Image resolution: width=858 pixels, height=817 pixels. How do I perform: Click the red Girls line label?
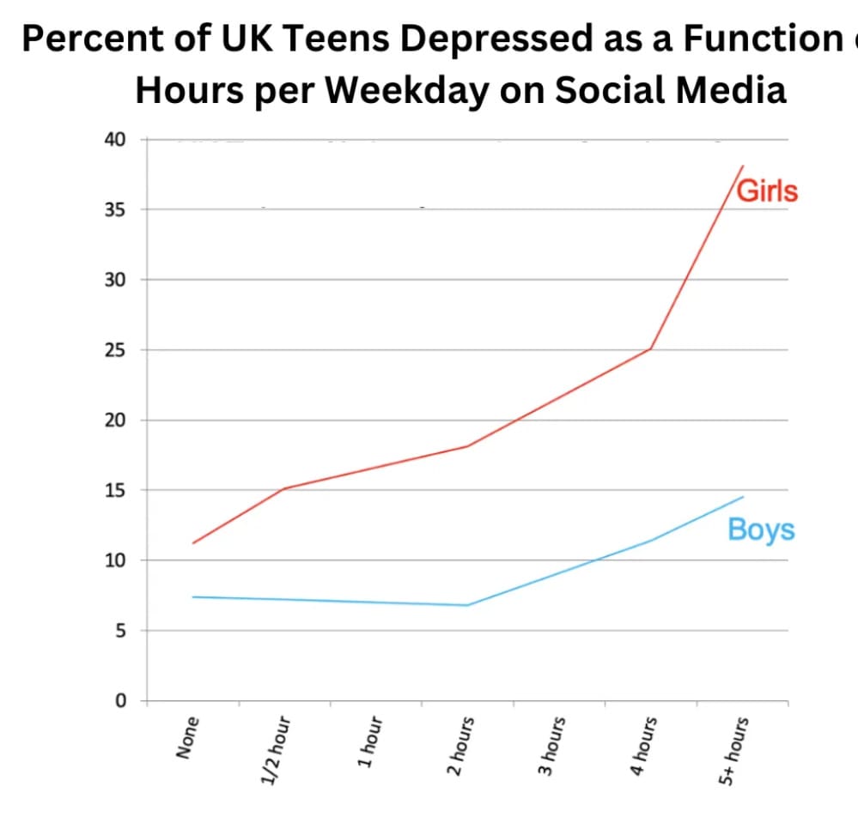768,191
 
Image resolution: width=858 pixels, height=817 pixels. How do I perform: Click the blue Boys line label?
761,530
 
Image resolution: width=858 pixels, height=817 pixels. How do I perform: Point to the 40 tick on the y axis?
114,139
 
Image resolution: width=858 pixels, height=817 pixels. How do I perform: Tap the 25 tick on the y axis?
114,350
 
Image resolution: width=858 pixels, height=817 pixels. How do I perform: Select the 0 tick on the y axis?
120,701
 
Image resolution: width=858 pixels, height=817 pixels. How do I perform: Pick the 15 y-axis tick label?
114,491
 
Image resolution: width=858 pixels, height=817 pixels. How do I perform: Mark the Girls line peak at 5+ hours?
743,166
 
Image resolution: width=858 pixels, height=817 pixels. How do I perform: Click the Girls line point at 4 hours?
651,348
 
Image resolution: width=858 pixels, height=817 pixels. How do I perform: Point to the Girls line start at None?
193,543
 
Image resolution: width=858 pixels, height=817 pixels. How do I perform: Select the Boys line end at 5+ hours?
743,497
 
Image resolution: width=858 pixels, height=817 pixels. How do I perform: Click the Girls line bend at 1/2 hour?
284,488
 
